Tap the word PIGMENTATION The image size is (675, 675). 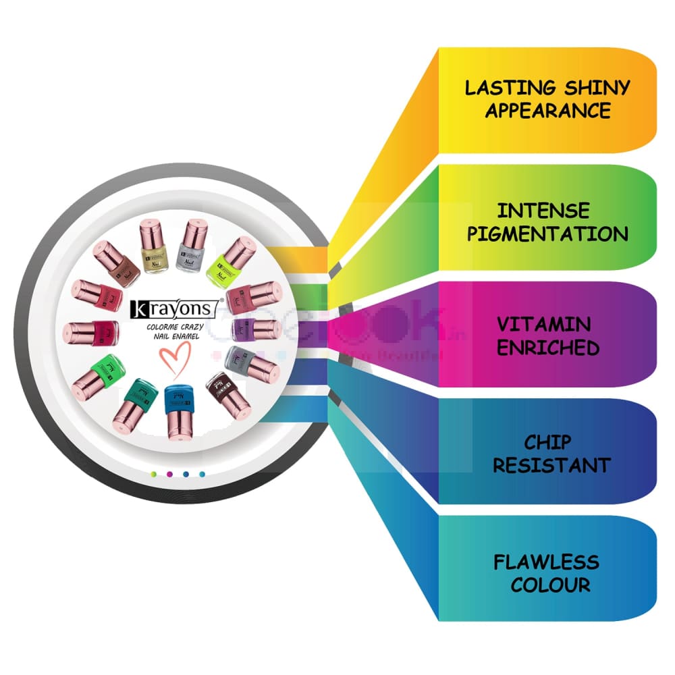547,234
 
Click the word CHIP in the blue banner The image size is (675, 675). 547,442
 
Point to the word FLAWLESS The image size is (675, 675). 546,562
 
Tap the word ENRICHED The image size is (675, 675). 547,348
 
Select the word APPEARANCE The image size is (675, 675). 547,110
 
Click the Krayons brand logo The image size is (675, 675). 173,309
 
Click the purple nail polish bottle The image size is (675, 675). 256,329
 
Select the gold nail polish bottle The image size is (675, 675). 154,248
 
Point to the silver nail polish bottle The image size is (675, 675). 193,247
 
